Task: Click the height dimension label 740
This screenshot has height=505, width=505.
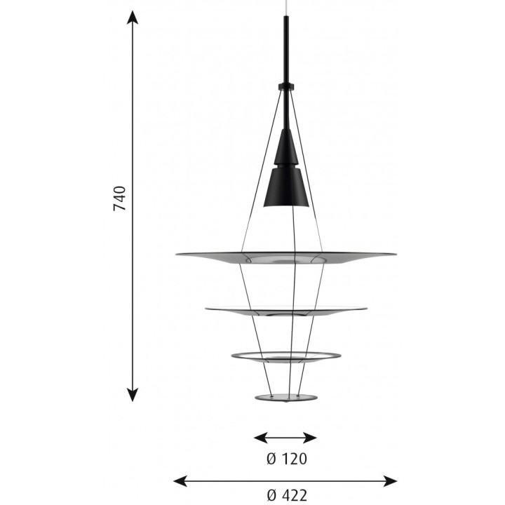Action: click(120, 198)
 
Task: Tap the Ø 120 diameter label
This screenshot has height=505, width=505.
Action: click(287, 459)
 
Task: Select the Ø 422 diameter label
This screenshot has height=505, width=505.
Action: click(287, 495)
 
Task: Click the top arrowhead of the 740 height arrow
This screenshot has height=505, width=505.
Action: click(133, 18)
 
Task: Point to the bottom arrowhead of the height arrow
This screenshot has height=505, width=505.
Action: click(133, 394)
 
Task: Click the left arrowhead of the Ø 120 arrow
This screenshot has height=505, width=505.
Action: click(261, 438)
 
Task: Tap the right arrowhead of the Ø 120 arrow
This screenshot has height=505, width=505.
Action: click(310, 438)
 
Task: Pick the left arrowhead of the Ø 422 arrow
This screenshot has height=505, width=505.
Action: click(180, 481)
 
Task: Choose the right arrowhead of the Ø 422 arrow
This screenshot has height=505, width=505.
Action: click(390, 481)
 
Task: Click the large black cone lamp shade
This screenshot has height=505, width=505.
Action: click(286, 187)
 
